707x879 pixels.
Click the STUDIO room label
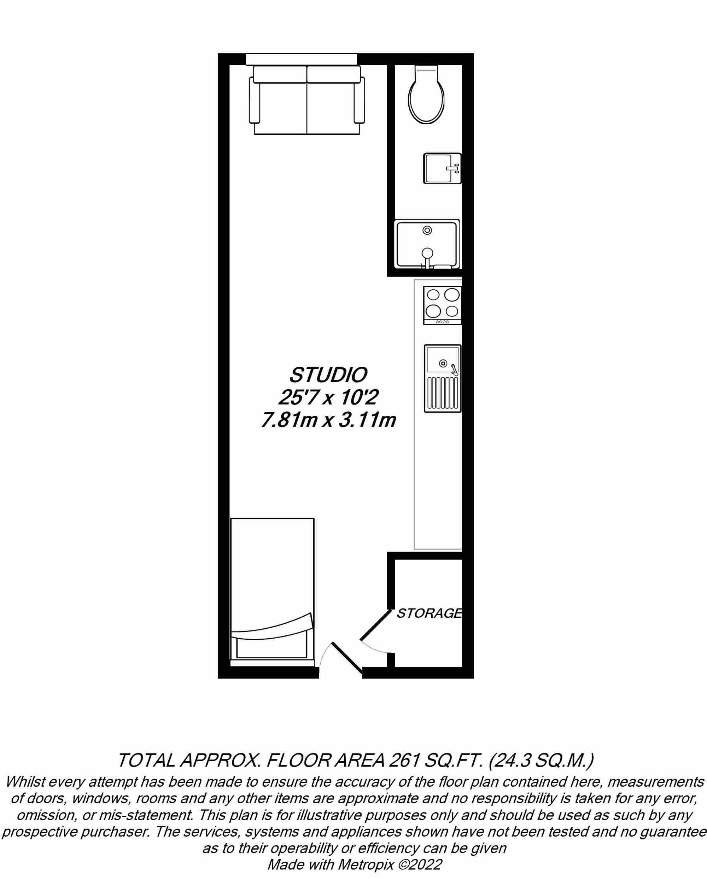point(328,375)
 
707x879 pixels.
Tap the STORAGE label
point(429,613)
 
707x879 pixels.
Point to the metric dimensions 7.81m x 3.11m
point(328,420)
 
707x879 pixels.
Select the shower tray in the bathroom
point(427,244)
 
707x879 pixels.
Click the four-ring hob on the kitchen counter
point(442,305)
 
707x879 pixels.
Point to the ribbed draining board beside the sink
point(442,392)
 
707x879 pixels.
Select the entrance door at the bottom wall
point(346,658)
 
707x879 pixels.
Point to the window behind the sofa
point(301,59)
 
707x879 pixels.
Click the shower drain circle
point(427,230)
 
